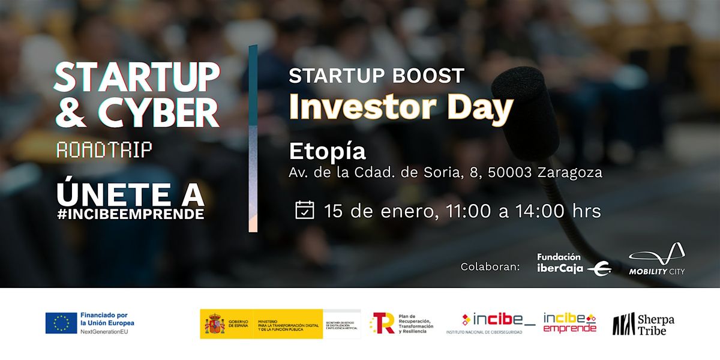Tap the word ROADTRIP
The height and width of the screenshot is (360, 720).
[x=104, y=151]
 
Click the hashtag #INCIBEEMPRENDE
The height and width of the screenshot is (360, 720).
[x=131, y=215]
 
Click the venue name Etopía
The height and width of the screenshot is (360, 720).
[x=327, y=151]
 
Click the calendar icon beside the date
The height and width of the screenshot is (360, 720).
[x=305, y=211]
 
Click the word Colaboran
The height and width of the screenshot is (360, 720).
[x=490, y=266]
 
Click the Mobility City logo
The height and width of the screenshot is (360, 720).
[x=657, y=259]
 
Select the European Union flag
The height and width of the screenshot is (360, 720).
[x=61, y=323]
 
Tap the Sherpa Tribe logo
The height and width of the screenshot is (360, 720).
[x=643, y=324]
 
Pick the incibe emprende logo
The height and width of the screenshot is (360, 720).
[x=570, y=323]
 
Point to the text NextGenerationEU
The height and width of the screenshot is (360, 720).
[x=103, y=331]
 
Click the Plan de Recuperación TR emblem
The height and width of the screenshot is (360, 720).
[x=382, y=323]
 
